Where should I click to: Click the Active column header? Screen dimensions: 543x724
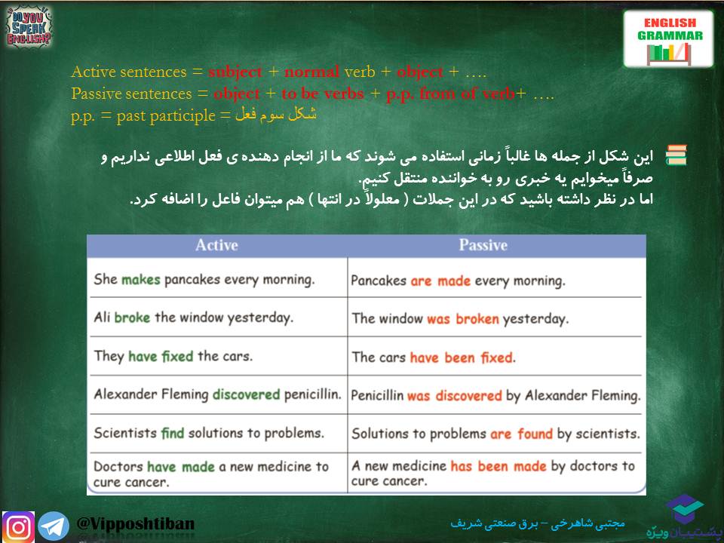coord(216,245)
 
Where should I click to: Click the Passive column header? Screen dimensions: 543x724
coord(483,245)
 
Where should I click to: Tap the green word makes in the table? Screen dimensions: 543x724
coord(140,279)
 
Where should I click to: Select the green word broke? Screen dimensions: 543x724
coord(132,318)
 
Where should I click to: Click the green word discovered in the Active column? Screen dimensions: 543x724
coord(246,394)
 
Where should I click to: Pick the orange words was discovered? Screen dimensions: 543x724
coord(454,395)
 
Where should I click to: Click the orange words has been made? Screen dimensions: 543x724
coord(499,466)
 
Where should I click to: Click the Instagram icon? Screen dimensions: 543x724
coord(18,526)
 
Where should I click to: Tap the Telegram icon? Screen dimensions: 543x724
coord(53,526)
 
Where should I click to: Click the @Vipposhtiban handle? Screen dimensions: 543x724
coord(136,523)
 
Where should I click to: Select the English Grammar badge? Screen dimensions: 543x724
coord(669,39)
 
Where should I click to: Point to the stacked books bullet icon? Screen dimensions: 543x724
coord(676,155)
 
